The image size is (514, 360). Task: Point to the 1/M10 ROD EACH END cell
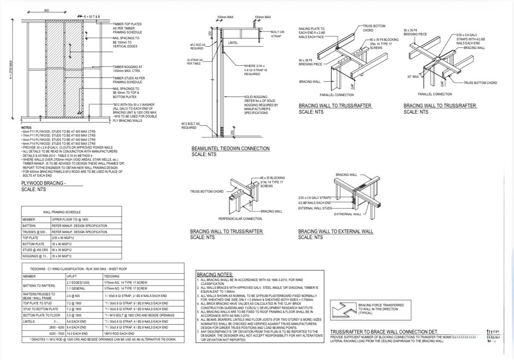click(x=119, y=333)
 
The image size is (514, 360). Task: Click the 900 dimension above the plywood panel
click(x=46, y=10)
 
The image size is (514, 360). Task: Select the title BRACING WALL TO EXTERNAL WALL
click(x=336, y=232)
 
